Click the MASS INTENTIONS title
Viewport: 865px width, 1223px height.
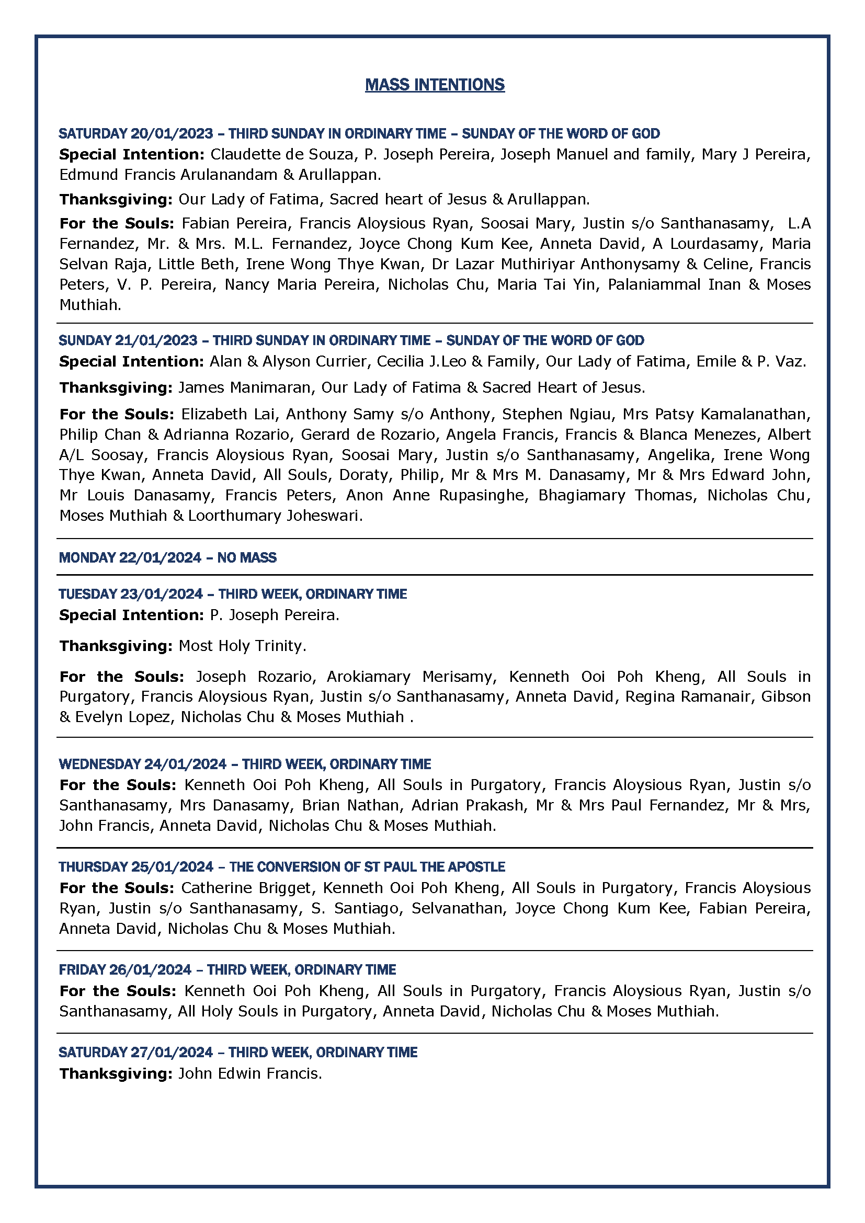pyautogui.click(x=435, y=85)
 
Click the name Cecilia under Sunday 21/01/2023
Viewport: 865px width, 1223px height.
pyautogui.click(x=400, y=362)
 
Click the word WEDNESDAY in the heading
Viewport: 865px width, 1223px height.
pyautogui.click(x=99, y=764)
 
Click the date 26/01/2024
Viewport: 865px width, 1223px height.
pyautogui.click(x=150, y=970)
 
